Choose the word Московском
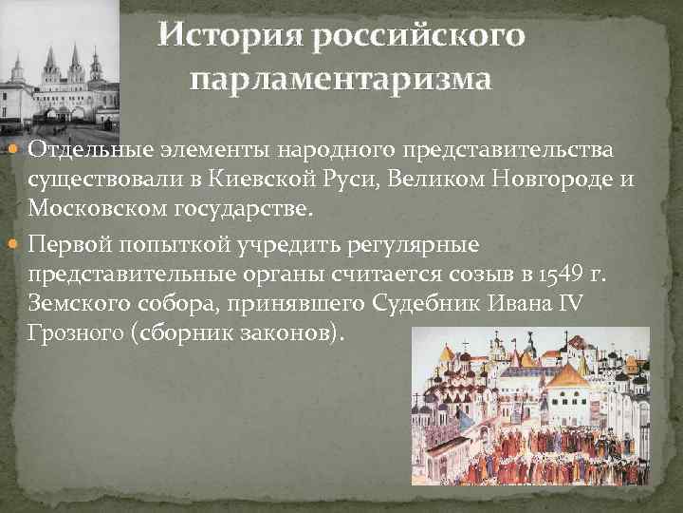pyautogui.click(x=86, y=210)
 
